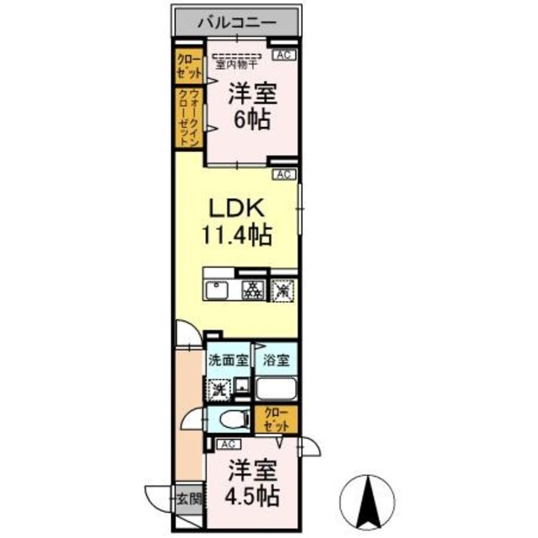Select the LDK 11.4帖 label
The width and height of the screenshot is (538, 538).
point(236,221)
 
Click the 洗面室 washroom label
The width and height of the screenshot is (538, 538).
point(228,361)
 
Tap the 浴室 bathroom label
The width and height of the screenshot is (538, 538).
point(276,361)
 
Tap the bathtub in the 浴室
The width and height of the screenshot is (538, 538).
point(276,390)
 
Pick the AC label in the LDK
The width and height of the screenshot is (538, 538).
point(283,174)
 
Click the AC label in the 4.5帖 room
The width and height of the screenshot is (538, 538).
point(227,444)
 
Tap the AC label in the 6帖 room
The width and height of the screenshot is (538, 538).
point(283,55)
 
